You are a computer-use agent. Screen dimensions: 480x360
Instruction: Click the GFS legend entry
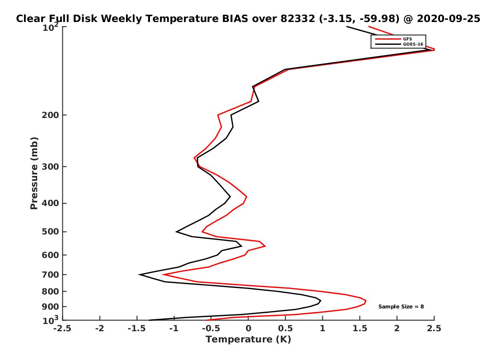(407, 39)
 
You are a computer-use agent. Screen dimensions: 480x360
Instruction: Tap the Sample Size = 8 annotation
(401, 306)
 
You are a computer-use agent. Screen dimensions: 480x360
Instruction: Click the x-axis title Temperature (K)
(248, 339)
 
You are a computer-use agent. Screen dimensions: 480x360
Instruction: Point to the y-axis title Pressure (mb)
(34, 173)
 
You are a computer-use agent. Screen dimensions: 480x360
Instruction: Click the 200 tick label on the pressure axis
(50, 115)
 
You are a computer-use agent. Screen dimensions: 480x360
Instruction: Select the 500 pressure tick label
(50, 232)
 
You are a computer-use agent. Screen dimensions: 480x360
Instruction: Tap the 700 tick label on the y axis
(50, 274)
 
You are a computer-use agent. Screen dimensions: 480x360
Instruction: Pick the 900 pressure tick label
(50, 307)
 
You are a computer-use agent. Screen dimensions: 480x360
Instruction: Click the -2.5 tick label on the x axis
(62, 328)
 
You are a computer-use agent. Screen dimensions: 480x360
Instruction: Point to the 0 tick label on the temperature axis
(248, 328)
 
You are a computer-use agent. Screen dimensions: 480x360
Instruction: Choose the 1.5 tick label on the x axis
(360, 328)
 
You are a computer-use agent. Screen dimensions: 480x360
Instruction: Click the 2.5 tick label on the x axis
(434, 328)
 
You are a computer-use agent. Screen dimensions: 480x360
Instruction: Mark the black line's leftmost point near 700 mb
(139, 274)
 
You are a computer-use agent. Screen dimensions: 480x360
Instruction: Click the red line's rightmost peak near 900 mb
(366, 301)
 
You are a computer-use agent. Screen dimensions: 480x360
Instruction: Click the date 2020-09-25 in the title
(448, 19)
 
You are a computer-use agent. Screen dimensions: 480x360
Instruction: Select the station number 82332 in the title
(298, 19)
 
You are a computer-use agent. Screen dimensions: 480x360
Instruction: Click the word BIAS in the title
(235, 19)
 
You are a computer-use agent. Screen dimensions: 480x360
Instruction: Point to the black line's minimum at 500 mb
(176, 232)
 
